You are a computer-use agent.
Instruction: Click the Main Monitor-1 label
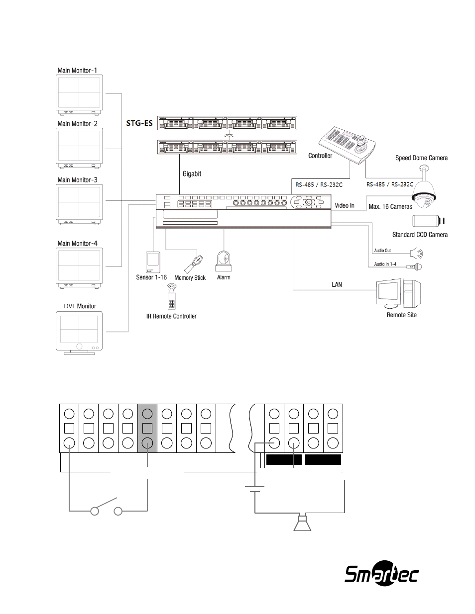[x=77, y=71]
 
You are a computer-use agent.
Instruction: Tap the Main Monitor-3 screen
[x=79, y=202]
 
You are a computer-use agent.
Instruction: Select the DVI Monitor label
[x=80, y=306]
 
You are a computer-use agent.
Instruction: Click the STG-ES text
[x=139, y=123]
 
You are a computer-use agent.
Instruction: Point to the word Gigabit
[x=192, y=174]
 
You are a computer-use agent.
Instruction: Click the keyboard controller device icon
[x=347, y=145]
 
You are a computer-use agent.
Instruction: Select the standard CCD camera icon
[x=428, y=220]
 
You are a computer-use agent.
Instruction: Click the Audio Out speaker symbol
[x=416, y=253]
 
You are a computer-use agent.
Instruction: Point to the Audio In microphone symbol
[x=414, y=266]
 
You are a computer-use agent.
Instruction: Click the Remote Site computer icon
[x=398, y=294]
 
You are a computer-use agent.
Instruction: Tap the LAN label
[x=337, y=284]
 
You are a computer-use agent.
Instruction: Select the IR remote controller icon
[x=171, y=297]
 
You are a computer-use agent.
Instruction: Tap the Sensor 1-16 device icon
[x=153, y=262]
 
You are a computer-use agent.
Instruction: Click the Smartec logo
[x=381, y=575]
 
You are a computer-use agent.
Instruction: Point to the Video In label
[x=345, y=205]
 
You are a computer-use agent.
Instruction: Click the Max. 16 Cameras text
[x=390, y=206]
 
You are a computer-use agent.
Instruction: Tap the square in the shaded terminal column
[x=147, y=429]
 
